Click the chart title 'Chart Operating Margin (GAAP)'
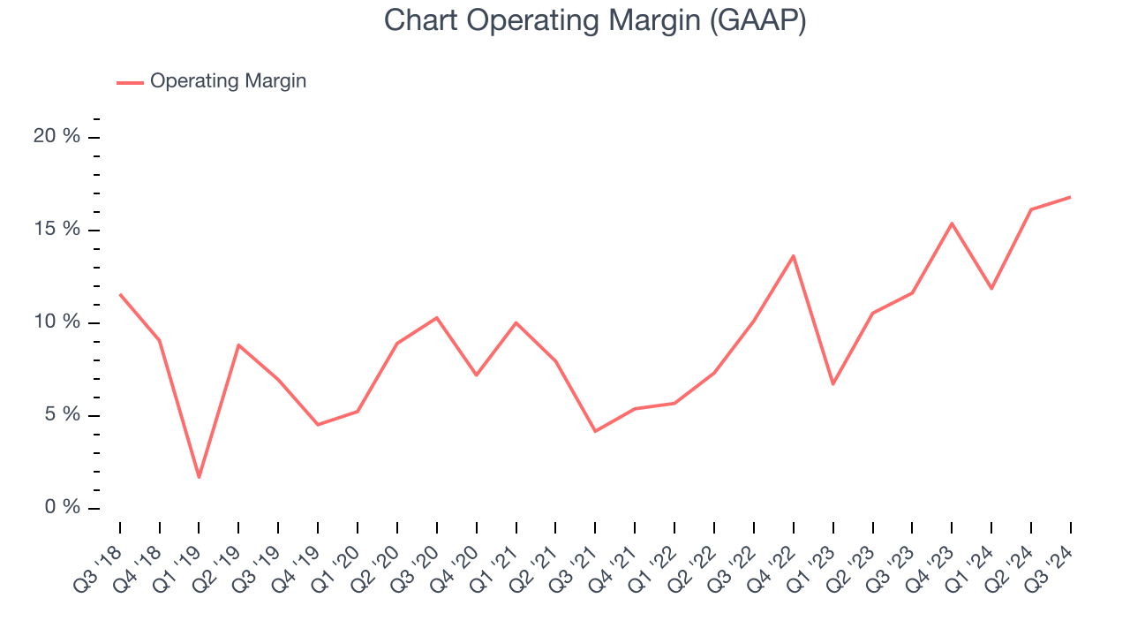tap(594, 21)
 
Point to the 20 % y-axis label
tap(57, 137)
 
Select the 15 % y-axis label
tap(57, 230)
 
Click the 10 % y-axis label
tap(57, 322)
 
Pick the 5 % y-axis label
tap(62, 415)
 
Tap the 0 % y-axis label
tap(62, 508)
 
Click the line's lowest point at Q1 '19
tap(199, 477)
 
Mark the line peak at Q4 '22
tap(794, 255)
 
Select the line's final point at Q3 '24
tap(1070, 197)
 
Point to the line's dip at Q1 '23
tap(832, 383)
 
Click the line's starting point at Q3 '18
tap(120, 294)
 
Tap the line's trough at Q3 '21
tap(595, 431)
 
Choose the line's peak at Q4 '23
tap(952, 223)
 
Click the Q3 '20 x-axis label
tap(419, 559)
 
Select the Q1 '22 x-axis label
tap(658, 559)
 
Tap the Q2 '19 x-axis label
tap(222, 559)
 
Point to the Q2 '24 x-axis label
tap(1014, 559)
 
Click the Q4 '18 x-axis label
tap(142, 559)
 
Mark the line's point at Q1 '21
tap(516, 322)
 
